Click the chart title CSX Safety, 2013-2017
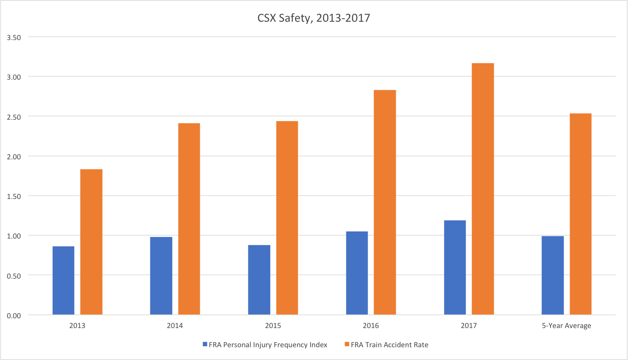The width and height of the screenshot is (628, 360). pyautogui.click(x=314, y=18)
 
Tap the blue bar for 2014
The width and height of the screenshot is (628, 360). pyautogui.click(x=161, y=276)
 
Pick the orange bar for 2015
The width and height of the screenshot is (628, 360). pyautogui.click(x=287, y=218)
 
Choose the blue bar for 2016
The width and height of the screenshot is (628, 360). pyautogui.click(x=357, y=273)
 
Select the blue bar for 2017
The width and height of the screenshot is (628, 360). pyautogui.click(x=455, y=268)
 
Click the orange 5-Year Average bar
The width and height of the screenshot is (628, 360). pyautogui.click(x=580, y=214)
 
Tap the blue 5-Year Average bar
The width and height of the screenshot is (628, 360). pyautogui.click(x=553, y=275)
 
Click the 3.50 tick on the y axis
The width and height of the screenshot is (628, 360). pyautogui.click(x=14, y=37)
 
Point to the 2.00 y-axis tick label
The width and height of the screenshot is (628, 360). pyautogui.click(x=14, y=156)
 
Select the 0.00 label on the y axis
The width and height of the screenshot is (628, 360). pyautogui.click(x=14, y=315)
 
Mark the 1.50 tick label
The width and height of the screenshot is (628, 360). pyautogui.click(x=14, y=196)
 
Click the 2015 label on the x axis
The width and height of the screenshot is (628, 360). pyautogui.click(x=273, y=325)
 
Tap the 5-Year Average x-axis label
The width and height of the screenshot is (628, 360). pyautogui.click(x=566, y=325)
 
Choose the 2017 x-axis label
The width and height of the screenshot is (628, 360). pyautogui.click(x=469, y=325)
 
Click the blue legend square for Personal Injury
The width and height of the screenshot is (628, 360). pyautogui.click(x=205, y=344)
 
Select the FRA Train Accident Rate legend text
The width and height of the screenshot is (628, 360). pyautogui.click(x=389, y=345)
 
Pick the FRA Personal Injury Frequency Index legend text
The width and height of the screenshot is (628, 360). pyautogui.click(x=268, y=345)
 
